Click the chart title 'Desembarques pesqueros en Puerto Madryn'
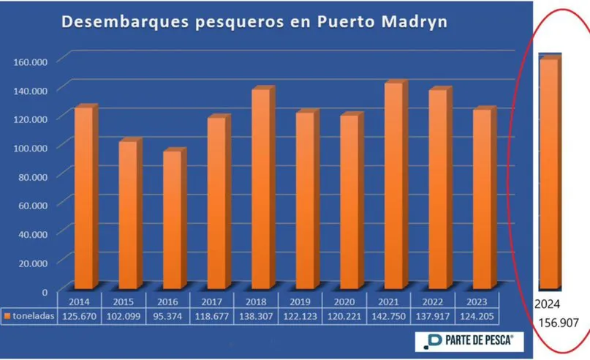coord(254,22)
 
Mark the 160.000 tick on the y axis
coord(31,61)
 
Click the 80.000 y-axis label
coord(31,176)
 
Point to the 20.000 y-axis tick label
coord(31,263)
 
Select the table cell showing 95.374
coord(167,315)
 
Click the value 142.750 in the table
coord(389,315)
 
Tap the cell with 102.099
coord(124,315)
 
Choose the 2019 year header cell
coord(300,301)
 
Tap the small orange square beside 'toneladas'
coord(8,316)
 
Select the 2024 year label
coord(547,303)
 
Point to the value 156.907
coord(557,321)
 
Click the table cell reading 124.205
coord(477,315)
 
